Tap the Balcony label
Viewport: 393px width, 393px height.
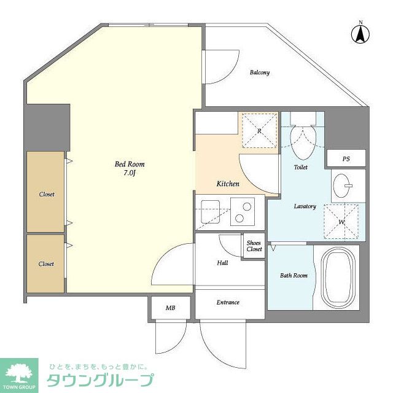pos(259,72)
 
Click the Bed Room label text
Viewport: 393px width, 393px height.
pos(130,164)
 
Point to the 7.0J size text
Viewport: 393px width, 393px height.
pos(130,174)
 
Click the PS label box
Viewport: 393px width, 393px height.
pos(346,158)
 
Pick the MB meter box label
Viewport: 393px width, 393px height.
pos(170,308)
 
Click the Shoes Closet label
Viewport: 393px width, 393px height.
pos(254,246)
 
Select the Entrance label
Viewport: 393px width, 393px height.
pos(228,302)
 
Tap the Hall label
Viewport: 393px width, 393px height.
pos(222,263)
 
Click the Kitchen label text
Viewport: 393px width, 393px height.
pos(228,184)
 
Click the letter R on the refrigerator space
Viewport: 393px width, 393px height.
pos(260,131)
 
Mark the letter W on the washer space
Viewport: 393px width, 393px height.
pos(341,221)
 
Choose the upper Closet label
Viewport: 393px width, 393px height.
pos(47,194)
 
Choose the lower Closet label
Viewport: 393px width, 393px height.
pos(46,264)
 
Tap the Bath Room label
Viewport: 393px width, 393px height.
pos(295,275)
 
